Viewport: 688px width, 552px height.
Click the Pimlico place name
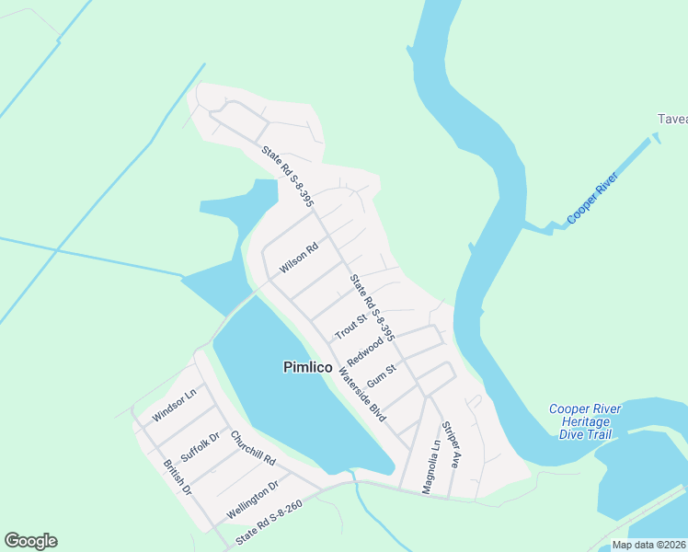pyautogui.click(x=307, y=367)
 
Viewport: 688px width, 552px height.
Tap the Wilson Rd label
pyautogui.click(x=299, y=255)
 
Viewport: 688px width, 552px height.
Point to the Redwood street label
pyautogui.click(x=365, y=351)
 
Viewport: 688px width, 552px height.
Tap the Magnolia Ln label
pyautogui.click(x=430, y=467)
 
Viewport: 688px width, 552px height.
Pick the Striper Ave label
pyautogui.click(x=450, y=445)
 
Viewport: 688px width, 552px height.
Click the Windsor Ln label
pyautogui.click(x=175, y=406)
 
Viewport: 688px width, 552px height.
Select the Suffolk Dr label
pyautogui.click(x=201, y=445)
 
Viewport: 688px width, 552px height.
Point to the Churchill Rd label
pyautogui.click(x=253, y=447)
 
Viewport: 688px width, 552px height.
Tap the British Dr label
pyautogui.click(x=177, y=478)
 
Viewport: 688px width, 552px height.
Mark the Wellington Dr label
pyautogui.click(x=252, y=500)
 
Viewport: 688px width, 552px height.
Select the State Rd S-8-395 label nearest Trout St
pyautogui.click(x=372, y=308)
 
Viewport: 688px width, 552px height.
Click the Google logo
pyautogui.click(x=30, y=541)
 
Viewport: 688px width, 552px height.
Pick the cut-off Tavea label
pyautogui.click(x=671, y=119)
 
